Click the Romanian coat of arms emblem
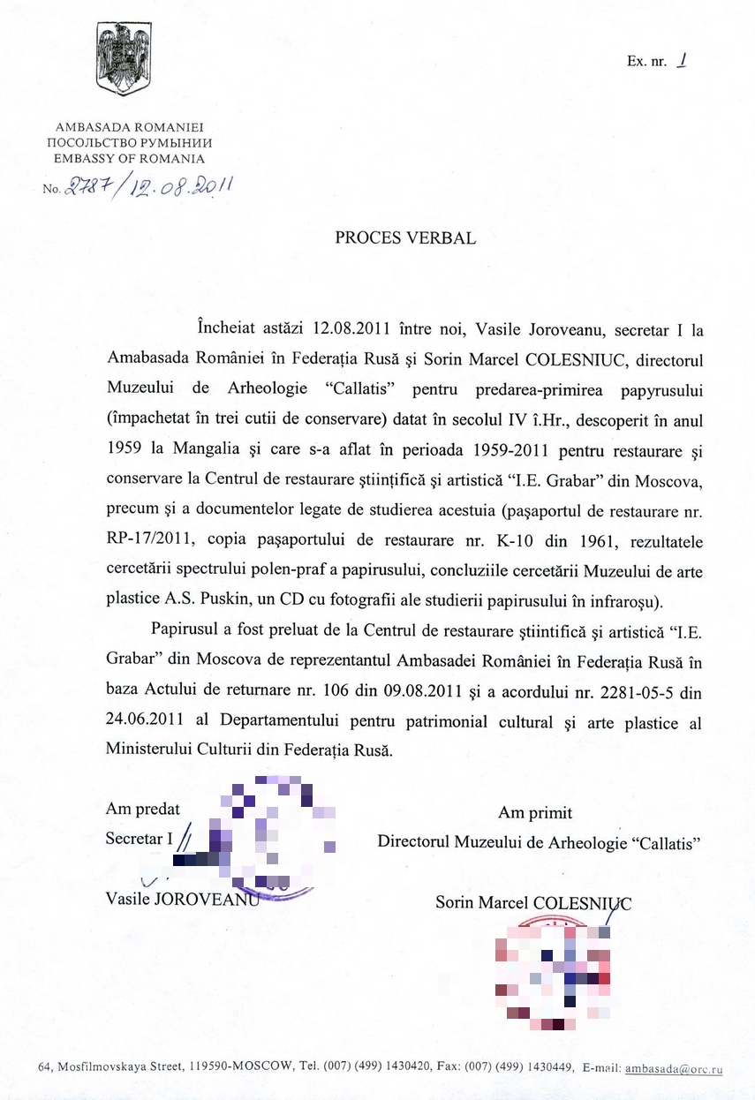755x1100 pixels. pos(124,59)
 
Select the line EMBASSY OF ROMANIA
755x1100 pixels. pos(129,159)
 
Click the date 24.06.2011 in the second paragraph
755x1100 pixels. pos(145,722)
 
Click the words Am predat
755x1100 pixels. pos(143,808)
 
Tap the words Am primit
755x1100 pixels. pos(535,812)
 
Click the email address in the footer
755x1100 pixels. pos(674,1068)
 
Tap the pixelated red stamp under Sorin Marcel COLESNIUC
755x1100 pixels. pos(552,971)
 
